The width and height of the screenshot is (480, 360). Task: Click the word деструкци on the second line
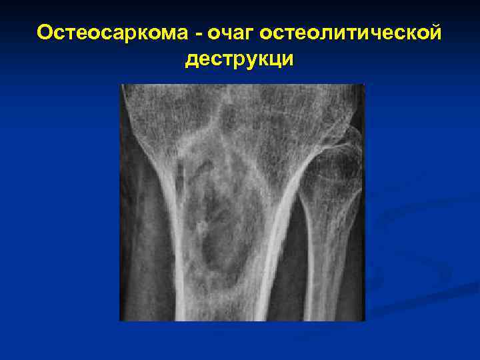coord(239,59)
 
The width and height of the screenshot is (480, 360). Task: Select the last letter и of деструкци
coord(287,59)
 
